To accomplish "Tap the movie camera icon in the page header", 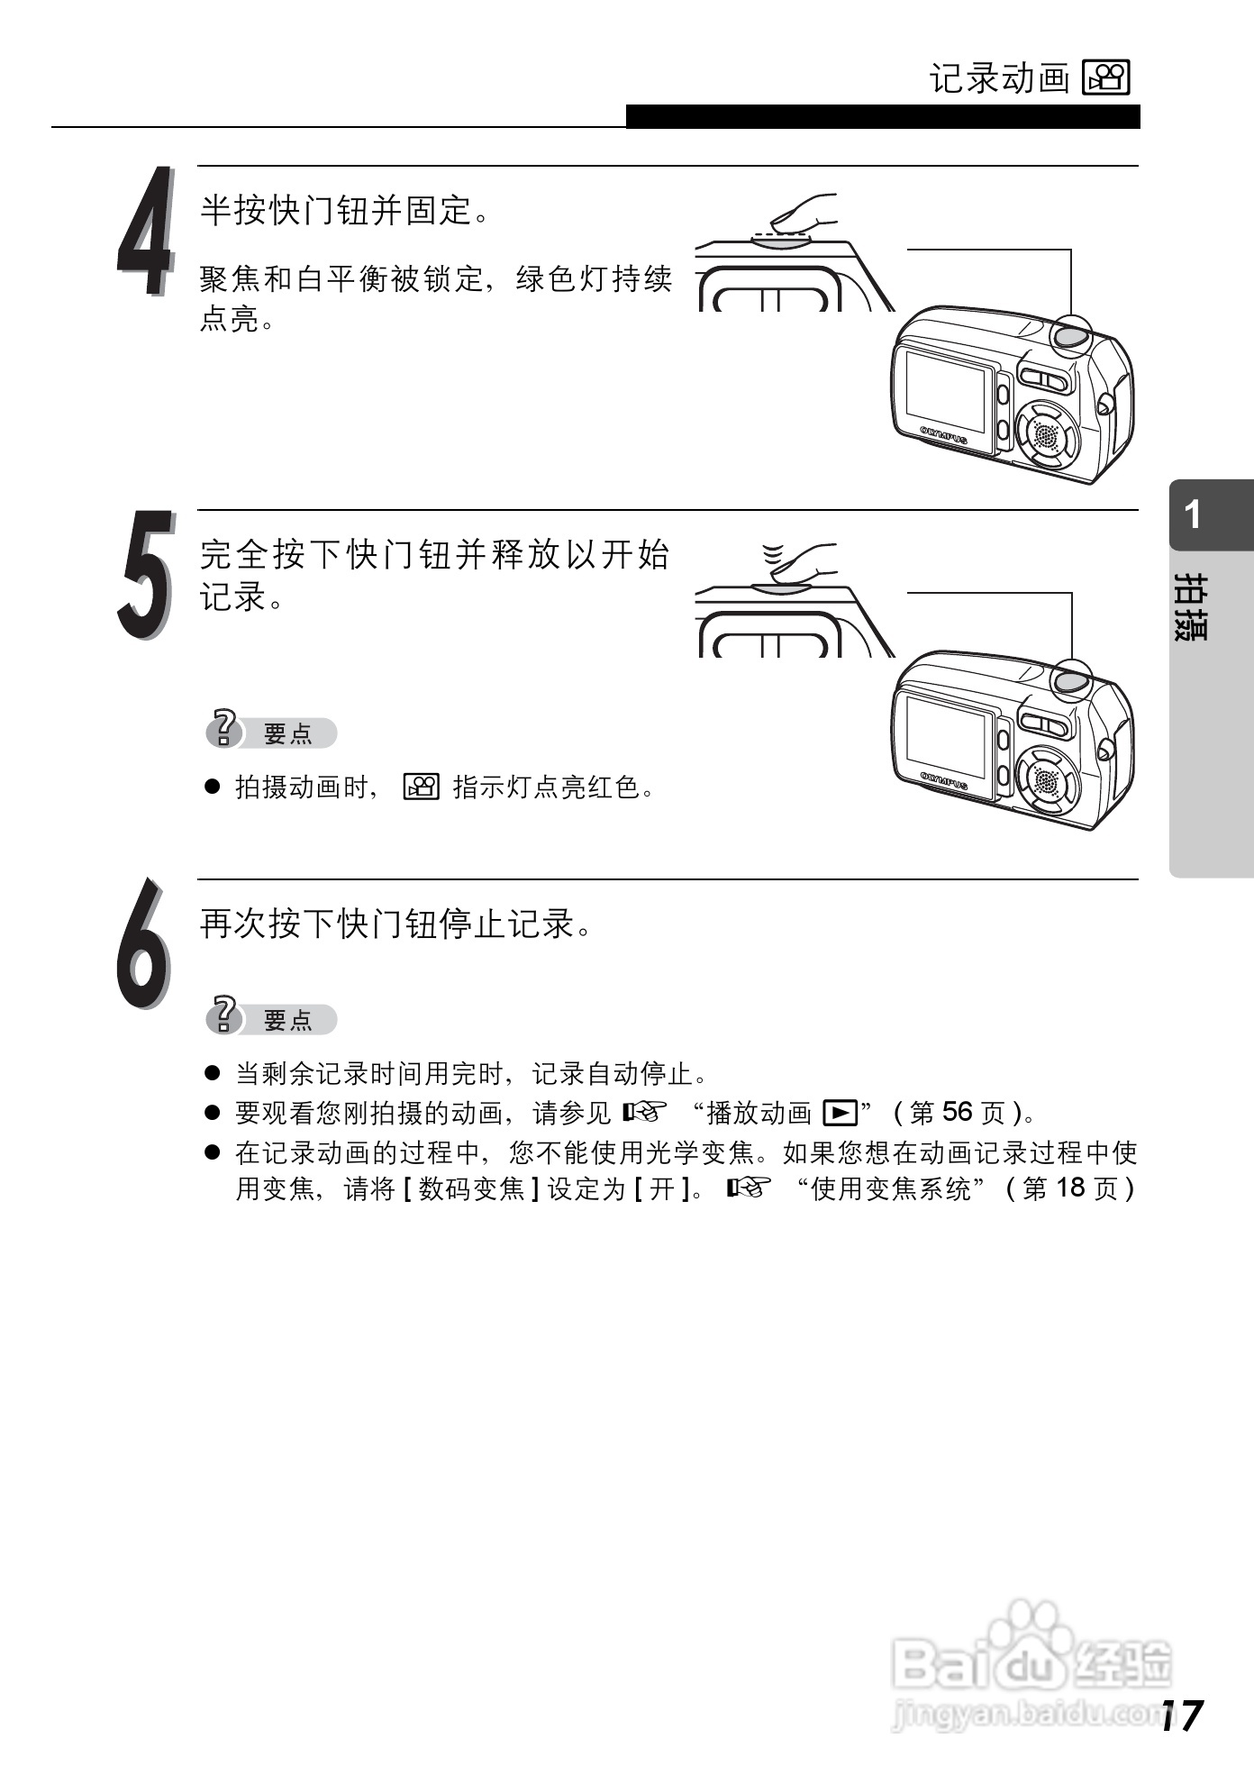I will click(1106, 78).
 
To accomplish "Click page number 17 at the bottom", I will click(1181, 1716).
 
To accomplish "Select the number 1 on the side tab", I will click(1193, 515).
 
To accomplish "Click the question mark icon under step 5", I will click(223, 730).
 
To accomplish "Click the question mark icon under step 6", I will click(223, 1016).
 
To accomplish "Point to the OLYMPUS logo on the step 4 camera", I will click(944, 435).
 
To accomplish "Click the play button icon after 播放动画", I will click(840, 1114).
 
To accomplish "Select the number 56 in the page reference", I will click(958, 1113).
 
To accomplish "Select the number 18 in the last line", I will click(1070, 1188).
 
